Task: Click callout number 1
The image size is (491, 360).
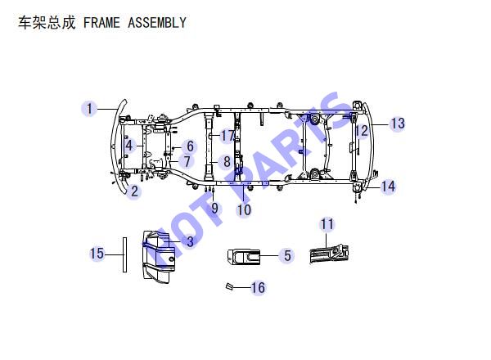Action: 89,109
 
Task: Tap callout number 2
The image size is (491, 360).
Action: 134,191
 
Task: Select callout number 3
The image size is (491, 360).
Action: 190,241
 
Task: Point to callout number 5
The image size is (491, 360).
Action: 287,255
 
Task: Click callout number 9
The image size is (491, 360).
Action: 214,208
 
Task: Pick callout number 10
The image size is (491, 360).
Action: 244,209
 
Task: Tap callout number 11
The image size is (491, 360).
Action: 327,224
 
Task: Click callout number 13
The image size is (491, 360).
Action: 398,124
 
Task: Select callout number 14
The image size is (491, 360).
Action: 388,187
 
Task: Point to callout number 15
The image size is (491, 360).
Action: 97,254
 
